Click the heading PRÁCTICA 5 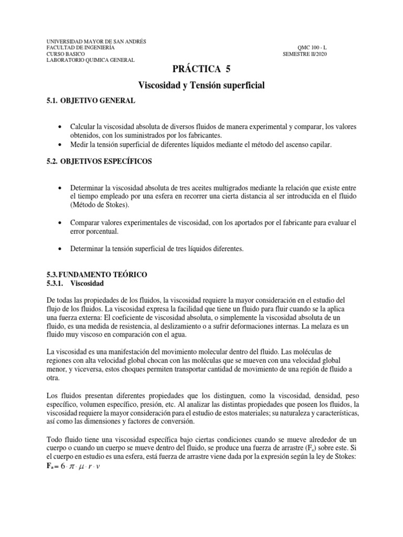click(x=201, y=69)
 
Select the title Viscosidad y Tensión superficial click(x=201, y=84)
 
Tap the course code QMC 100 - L click(x=312, y=47)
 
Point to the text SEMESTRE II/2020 click(x=305, y=53)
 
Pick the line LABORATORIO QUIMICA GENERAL click(x=91, y=60)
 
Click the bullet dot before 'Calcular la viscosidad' click(x=63, y=127)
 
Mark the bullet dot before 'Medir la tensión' click(x=63, y=144)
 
